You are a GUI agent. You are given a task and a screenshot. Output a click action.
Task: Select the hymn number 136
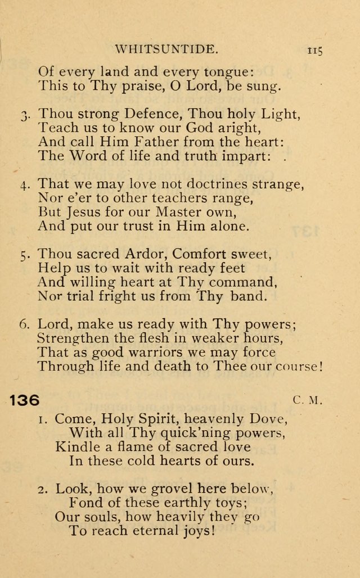(25, 400)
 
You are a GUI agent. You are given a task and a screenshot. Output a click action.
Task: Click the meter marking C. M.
(306, 401)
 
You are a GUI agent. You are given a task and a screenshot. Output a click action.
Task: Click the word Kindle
(76, 447)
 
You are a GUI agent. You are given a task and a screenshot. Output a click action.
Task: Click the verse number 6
(24, 324)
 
